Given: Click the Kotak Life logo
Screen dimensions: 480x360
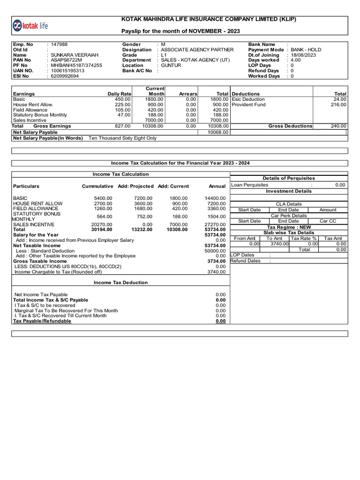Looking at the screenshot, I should tap(30, 26).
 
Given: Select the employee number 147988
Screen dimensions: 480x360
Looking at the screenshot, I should tap(59, 45).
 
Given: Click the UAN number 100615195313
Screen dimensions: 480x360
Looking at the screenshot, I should tap(67, 71).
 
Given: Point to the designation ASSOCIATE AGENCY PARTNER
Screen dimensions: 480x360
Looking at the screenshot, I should tap(197, 50).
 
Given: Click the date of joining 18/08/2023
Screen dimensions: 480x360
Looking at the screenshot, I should tap(304, 55).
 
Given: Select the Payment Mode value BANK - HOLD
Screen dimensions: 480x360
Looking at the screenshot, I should tap(306, 50).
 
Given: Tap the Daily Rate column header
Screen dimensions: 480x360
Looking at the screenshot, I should tap(119, 94).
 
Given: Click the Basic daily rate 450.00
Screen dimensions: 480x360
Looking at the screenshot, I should tap(122, 99).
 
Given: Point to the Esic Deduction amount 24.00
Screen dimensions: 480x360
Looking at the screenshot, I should tap(340, 99).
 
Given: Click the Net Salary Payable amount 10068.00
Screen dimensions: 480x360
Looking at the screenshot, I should tap(217, 133).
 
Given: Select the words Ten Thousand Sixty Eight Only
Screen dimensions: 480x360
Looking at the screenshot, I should tap(123, 138).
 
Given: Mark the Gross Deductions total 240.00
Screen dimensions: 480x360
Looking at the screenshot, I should tap(338, 126).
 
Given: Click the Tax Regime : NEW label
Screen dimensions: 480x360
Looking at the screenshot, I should tap(289, 227).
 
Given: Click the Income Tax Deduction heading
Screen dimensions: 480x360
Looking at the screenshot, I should tap(120, 283).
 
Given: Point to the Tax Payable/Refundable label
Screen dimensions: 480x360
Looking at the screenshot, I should tap(42, 321).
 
